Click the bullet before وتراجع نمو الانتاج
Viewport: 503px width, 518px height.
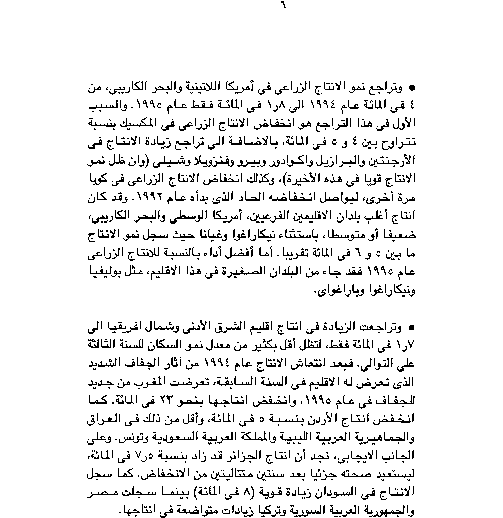click(x=412, y=88)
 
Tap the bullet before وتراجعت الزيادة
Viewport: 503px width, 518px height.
click(x=412, y=328)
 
